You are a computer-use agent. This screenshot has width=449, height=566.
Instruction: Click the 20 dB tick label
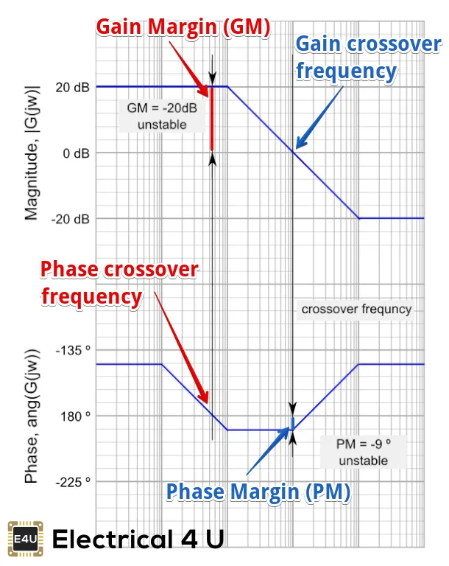tap(72, 87)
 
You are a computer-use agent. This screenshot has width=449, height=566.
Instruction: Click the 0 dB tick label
tap(75, 153)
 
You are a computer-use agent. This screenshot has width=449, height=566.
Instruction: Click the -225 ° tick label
tap(74, 481)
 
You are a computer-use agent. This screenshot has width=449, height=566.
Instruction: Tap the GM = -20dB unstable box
tap(161, 116)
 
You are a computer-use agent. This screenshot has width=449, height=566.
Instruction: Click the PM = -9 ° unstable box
tap(362, 452)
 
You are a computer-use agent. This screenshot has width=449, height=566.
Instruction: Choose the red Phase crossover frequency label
tap(119, 282)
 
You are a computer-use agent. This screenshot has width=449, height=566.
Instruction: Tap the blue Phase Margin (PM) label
tap(257, 491)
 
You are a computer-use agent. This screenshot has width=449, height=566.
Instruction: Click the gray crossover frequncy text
tap(356, 309)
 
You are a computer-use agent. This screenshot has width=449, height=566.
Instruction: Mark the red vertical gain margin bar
tap(212, 120)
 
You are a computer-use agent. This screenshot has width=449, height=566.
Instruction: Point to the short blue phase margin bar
tap(292, 423)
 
